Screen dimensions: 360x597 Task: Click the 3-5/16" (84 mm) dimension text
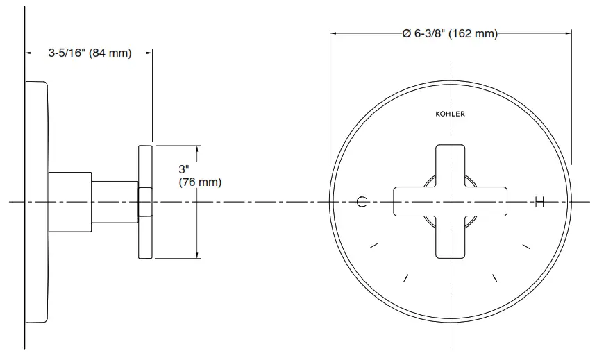(x=90, y=53)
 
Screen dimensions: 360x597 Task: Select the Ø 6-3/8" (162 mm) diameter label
(x=450, y=34)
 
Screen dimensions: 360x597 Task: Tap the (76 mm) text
(x=200, y=182)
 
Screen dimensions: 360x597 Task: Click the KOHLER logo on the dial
(x=450, y=114)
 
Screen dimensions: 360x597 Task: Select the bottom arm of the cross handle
(x=450, y=239)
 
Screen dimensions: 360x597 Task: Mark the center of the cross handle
(x=450, y=202)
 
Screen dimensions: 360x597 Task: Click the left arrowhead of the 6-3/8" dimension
(x=333, y=34)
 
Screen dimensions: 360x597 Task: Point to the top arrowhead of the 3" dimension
(x=200, y=148)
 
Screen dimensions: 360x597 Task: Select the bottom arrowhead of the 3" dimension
(x=200, y=255)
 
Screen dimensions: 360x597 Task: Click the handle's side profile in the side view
(x=145, y=202)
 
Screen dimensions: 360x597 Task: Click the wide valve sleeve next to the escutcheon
(x=71, y=202)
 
